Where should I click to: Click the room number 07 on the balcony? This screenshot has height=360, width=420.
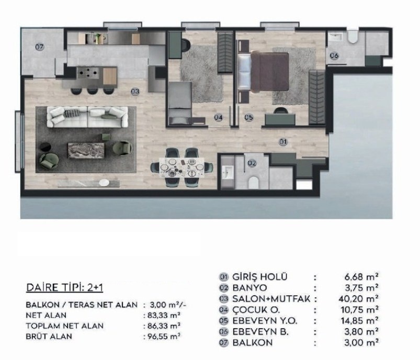click(39, 47)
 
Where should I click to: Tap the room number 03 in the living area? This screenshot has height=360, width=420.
click(135, 92)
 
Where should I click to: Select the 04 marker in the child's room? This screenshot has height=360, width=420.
click(218, 117)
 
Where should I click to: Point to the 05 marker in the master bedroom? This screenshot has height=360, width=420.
click(248, 117)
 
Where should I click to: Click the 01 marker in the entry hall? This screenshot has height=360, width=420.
click(283, 141)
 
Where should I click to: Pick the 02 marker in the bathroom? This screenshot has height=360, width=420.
click(252, 163)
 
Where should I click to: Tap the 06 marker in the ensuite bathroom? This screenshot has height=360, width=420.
click(334, 56)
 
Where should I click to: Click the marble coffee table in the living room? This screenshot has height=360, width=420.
click(86, 150)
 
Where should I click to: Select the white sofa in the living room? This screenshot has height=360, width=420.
click(87, 117)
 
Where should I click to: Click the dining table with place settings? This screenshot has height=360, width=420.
click(182, 167)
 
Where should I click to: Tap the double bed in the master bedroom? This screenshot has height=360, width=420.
click(263, 72)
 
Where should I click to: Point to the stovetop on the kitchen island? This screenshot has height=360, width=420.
click(88, 73)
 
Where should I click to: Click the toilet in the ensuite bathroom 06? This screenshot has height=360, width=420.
click(353, 37)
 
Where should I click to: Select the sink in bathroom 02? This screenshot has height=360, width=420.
click(228, 172)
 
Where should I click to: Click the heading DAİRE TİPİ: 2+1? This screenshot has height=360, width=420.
click(64, 288)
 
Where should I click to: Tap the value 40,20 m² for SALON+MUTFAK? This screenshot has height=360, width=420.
click(358, 299)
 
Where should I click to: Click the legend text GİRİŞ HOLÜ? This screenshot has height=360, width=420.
click(260, 277)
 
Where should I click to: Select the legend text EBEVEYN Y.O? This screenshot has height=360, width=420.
click(265, 321)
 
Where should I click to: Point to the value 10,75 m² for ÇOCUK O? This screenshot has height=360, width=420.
click(359, 310)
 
